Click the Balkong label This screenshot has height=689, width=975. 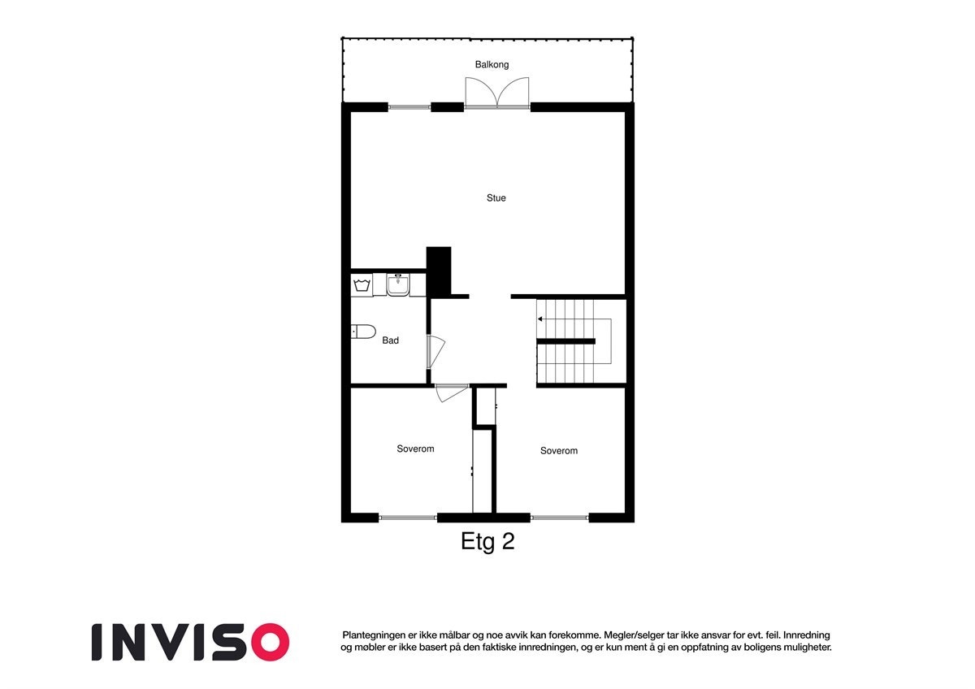point(492,64)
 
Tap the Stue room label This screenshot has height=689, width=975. point(496,197)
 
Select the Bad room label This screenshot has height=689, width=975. point(390,340)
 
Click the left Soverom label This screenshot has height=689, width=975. point(415,448)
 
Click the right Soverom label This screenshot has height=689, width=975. point(559,450)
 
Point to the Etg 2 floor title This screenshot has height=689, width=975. point(487,542)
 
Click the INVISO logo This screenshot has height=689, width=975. point(190,642)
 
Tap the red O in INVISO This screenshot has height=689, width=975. point(269,642)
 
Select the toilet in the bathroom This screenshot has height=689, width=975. point(363,331)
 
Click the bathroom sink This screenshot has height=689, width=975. point(398,285)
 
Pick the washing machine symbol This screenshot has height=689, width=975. point(362,284)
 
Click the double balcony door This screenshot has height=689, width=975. point(497,93)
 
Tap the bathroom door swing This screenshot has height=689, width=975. point(435,351)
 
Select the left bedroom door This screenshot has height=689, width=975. point(451,392)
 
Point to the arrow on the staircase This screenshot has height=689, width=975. point(540,319)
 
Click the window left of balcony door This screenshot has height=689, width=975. point(409,106)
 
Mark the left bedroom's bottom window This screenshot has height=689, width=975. point(408,518)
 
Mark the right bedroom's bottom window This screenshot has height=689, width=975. point(560,518)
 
